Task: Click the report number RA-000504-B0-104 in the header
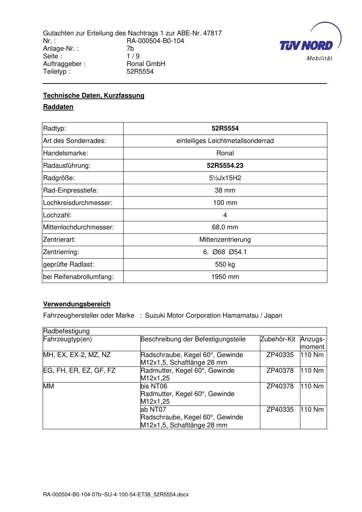(155, 41)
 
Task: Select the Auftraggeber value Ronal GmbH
(146, 64)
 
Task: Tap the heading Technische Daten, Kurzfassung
(94, 96)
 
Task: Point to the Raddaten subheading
(58, 107)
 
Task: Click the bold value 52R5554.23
(225, 166)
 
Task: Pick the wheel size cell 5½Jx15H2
(225, 178)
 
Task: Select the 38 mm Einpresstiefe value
(225, 190)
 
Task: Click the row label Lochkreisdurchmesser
(78, 203)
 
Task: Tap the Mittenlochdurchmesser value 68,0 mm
(225, 227)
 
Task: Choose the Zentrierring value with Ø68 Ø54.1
(225, 252)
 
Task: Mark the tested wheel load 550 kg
(225, 264)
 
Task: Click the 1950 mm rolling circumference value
(225, 277)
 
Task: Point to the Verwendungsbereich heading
(77, 304)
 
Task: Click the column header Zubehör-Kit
(278, 339)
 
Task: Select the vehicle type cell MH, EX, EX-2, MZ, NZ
(77, 355)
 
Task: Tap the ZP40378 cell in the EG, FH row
(280, 371)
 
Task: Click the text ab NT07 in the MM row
(153, 410)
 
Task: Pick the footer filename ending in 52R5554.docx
(116, 495)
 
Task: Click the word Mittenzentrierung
(225, 240)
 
